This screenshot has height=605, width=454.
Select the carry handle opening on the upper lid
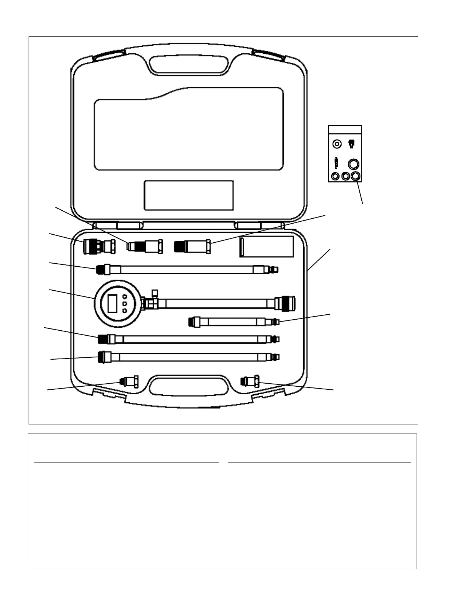pyautogui.click(x=189, y=64)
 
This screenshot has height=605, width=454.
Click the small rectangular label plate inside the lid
pyautogui.click(x=188, y=195)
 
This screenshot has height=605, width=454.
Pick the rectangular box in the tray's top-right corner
pyautogui.click(x=266, y=246)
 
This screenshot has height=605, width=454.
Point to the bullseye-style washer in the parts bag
pyautogui.click(x=336, y=144)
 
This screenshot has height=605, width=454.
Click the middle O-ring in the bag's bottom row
pyautogui.click(x=346, y=176)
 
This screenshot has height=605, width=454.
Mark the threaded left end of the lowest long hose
pyautogui.click(x=102, y=357)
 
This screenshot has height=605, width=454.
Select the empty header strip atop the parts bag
pyautogui.click(x=345, y=129)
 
